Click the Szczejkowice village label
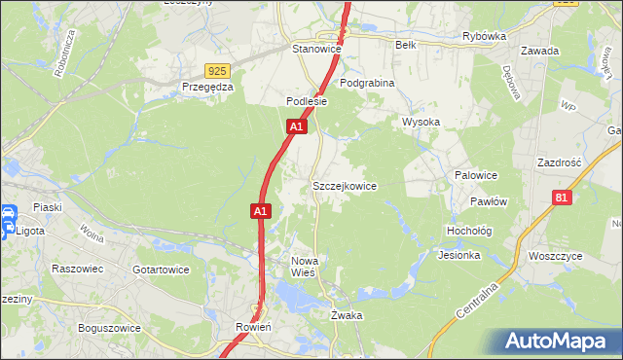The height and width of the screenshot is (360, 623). click(x=344, y=186)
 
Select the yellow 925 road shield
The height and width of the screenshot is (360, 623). click(x=218, y=71)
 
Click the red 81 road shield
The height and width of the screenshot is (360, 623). click(x=560, y=198)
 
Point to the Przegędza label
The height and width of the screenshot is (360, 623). click(x=208, y=87)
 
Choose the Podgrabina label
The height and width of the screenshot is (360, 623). click(x=367, y=84)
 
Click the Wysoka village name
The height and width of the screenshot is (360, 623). click(x=421, y=123)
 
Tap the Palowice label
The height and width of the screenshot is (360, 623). click(x=476, y=176)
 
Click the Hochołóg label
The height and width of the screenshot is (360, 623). click(x=468, y=232)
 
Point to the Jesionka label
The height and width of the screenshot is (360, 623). click(x=459, y=256)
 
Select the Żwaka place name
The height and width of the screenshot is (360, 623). click(x=347, y=315)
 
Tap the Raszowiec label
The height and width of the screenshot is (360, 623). click(x=78, y=269)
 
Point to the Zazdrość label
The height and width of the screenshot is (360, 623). click(x=559, y=162)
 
